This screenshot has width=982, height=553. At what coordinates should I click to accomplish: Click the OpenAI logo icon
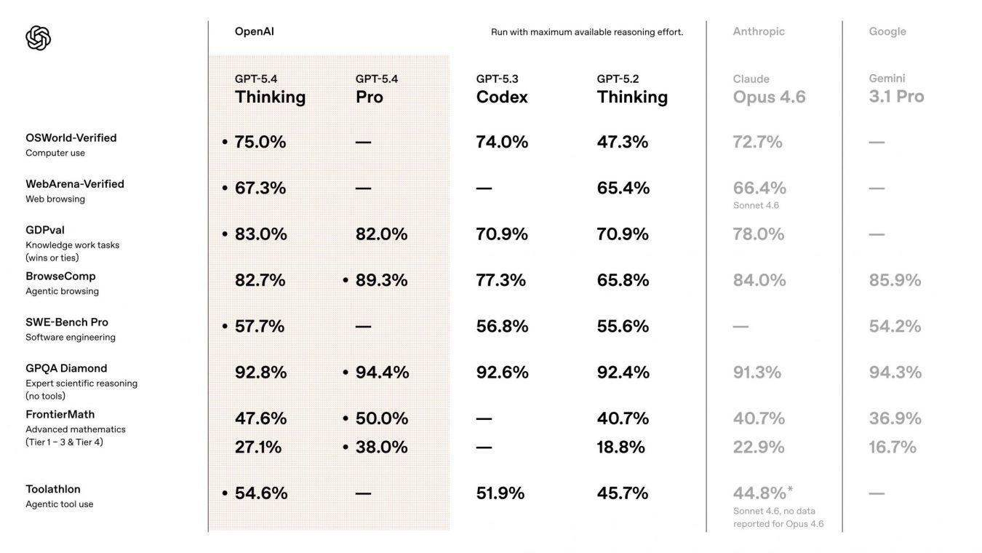tap(38, 38)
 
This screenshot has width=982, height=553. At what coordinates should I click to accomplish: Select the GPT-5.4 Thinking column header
tap(270, 89)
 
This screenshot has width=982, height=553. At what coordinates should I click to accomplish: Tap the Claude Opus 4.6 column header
tap(769, 89)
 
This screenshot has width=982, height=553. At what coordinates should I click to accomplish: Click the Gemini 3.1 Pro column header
tap(896, 89)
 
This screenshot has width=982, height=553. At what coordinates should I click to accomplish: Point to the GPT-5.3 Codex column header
tap(502, 89)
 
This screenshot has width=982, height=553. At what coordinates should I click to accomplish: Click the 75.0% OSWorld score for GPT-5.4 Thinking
tap(260, 142)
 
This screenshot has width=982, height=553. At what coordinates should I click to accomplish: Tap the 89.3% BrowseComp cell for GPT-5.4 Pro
tap(381, 280)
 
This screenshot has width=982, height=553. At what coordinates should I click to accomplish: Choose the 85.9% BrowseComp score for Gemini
tap(895, 280)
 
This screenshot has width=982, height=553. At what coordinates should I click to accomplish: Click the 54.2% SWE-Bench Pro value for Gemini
tap(895, 326)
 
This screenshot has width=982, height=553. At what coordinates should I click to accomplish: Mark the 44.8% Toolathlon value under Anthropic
tap(759, 493)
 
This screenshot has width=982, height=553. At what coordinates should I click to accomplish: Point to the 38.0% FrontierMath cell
tap(381, 447)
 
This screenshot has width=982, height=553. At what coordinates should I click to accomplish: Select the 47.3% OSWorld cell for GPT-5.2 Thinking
tap(623, 142)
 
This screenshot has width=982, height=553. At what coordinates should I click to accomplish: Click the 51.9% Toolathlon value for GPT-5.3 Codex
tap(500, 493)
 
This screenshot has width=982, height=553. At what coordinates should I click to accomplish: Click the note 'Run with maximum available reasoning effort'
tap(587, 32)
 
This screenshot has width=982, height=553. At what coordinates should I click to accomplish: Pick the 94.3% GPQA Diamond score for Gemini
tap(895, 372)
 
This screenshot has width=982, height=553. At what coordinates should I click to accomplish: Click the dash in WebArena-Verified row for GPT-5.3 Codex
tap(484, 188)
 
